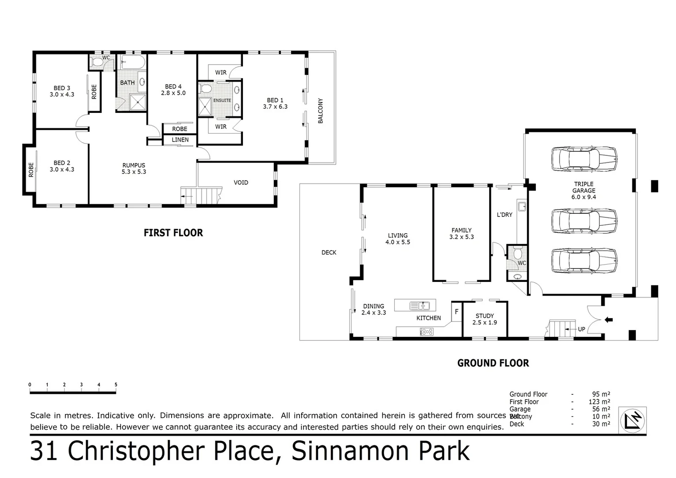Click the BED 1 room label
click(x=275, y=100)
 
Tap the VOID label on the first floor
click(x=241, y=182)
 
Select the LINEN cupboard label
click(x=180, y=140)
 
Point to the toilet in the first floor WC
click(x=97, y=62)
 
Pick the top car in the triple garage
click(x=584, y=159)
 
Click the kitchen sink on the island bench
click(x=419, y=305)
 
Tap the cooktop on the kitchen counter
click(x=426, y=331)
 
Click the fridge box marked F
click(x=457, y=312)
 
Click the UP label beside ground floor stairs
click(x=581, y=329)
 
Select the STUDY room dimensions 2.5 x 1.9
click(x=484, y=323)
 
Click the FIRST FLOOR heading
click(x=173, y=233)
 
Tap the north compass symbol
click(x=633, y=420)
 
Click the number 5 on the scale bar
click(x=116, y=385)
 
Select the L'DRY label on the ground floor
click(x=504, y=215)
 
